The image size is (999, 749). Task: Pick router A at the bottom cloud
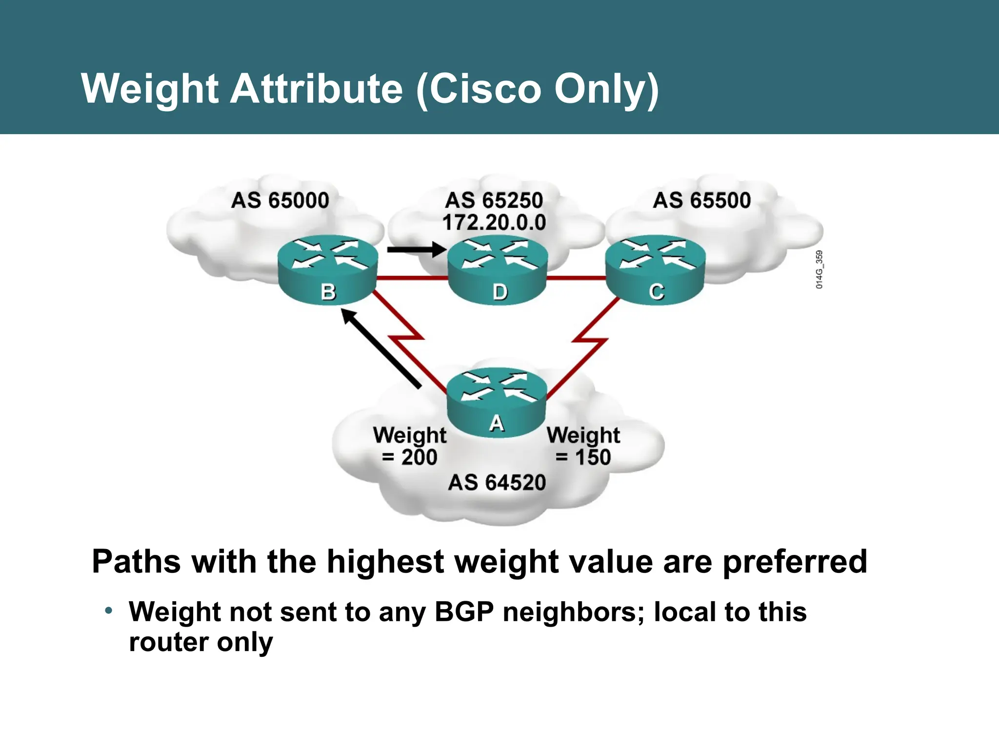pos(497,402)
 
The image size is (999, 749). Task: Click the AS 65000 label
pos(280,200)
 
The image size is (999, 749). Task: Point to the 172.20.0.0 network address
pos(494,223)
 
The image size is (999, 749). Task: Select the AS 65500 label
pos(701,200)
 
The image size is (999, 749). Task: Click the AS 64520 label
pos(497,482)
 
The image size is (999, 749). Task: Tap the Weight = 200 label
pos(410,446)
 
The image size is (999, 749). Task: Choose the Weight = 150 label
pos(583,446)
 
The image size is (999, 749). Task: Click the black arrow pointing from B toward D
pos(417,250)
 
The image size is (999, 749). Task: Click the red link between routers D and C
pos(576,278)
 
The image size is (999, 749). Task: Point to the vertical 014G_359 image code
pos(819,270)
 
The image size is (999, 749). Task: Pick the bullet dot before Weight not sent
pos(109,611)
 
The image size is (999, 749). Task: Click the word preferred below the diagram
pos(795,562)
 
